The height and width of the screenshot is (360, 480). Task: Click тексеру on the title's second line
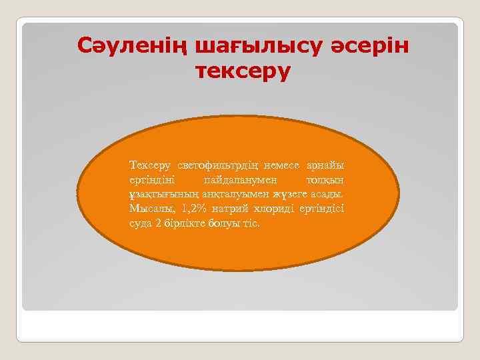coord(243,70)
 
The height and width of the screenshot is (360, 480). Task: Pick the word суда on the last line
coord(141,223)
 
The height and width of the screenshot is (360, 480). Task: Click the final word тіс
coord(252,223)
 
